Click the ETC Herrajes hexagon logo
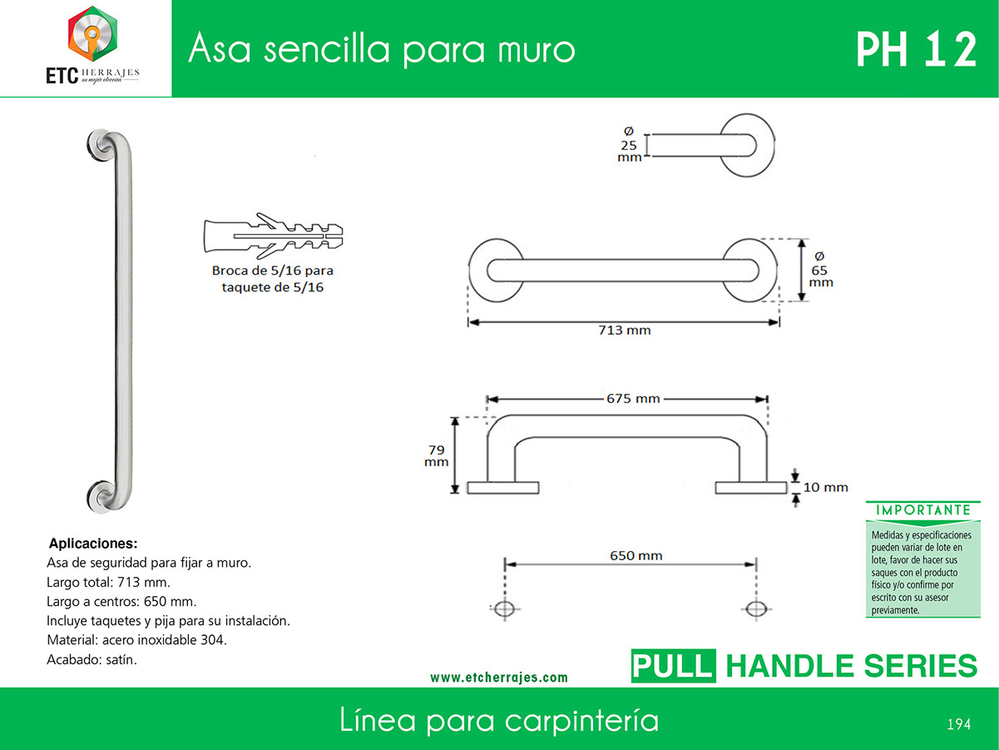(x=93, y=33)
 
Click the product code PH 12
(x=916, y=50)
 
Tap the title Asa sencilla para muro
(x=382, y=49)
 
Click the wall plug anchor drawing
(x=273, y=236)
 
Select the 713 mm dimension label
(x=625, y=330)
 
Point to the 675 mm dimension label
(x=633, y=399)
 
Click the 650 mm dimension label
(x=636, y=555)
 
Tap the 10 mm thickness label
(x=826, y=487)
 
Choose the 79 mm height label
(x=437, y=456)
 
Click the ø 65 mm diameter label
(x=821, y=270)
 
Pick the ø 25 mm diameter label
(x=630, y=145)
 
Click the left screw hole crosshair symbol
(x=505, y=608)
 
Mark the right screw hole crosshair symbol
(x=756, y=608)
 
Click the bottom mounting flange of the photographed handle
(x=101, y=496)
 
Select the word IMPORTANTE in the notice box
(x=923, y=510)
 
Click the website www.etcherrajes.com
(x=499, y=677)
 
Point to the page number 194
(x=958, y=724)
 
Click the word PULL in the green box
(x=673, y=666)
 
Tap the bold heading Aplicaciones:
(x=93, y=544)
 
